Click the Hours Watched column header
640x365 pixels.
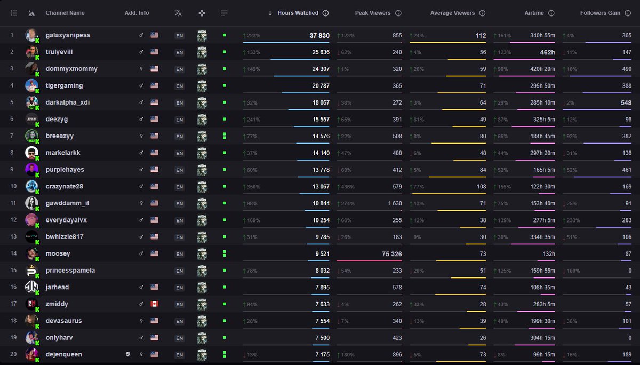(x=298, y=13)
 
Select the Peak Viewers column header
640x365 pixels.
(x=372, y=13)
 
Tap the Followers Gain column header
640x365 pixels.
(x=600, y=13)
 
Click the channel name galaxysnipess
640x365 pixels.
(x=68, y=35)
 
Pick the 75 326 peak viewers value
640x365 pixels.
(x=385, y=254)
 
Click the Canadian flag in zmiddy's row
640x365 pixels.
(x=155, y=304)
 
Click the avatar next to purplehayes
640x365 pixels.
(x=32, y=170)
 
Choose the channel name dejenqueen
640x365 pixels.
(x=63, y=354)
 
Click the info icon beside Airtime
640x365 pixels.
(x=551, y=13)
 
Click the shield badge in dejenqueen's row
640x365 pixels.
(x=127, y=354)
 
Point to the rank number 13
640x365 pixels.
(x=12, y=237)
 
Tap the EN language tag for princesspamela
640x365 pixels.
(x=179, y=271)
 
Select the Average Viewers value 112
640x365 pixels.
(x=481, y=36)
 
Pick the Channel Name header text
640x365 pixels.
(x=65, y=13)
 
